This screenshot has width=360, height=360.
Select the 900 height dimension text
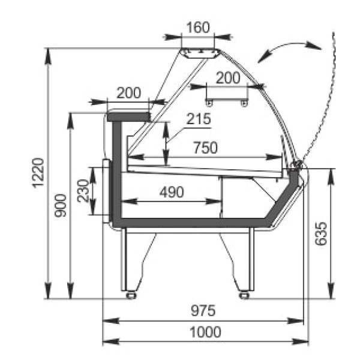[61, 205]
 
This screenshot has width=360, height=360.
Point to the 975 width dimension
[203, 311]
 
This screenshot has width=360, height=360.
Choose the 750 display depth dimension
[205, 148]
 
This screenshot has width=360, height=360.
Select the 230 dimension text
[83, 191]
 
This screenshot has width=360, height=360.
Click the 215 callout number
[199, 119]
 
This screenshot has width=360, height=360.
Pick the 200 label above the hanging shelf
[227, 77]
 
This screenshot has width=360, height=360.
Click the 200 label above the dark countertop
[128, 92]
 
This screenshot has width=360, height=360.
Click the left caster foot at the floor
[130, 295]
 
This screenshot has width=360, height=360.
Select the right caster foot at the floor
[244, 295]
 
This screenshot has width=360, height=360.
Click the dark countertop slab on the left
[128, 114]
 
